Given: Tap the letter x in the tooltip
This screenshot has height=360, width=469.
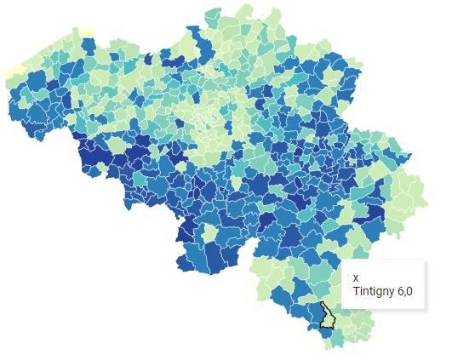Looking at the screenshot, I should coord(356,277).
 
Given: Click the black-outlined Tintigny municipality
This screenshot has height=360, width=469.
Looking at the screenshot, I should coord(326,316).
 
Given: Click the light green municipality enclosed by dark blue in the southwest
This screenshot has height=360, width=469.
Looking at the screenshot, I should coord(208,232).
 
